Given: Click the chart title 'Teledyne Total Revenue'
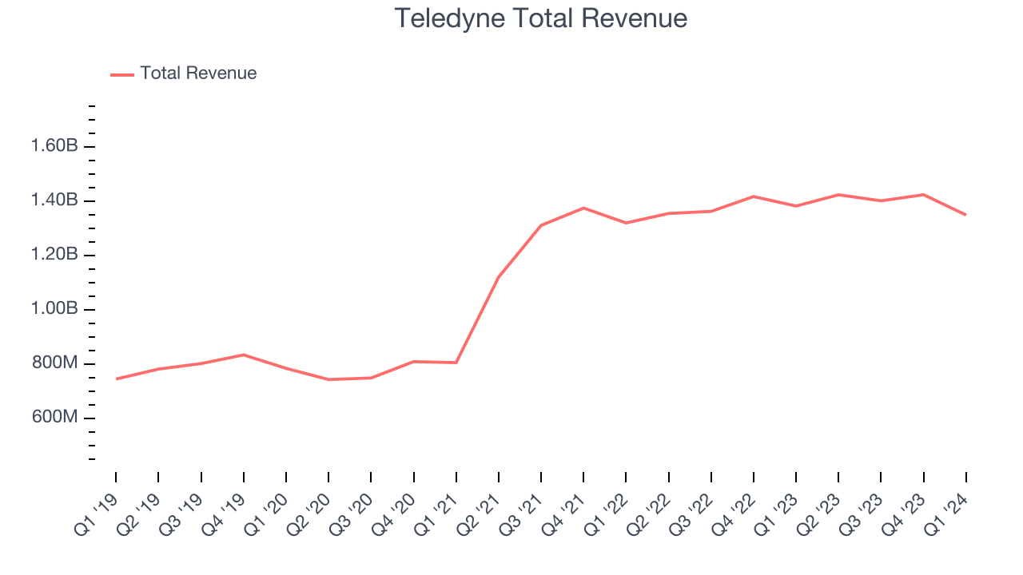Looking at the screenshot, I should pyautogui.click(x=541, y=18).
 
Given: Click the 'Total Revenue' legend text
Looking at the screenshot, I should pyautogui.click(x=198, y=73).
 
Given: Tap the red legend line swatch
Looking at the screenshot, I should pyautogui.click(x=122, y=74).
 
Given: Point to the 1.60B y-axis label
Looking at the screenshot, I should pyautogui.click(x=54, y=146).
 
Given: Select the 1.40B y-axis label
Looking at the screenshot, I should pyautogui.click(x=54, y=200).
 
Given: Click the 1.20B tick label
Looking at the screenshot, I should pyautogui.click(x=54, y=255).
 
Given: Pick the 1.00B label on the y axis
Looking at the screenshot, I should pyautogui.click(x=54, y=309).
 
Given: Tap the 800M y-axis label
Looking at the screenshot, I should pyautogui.click(x=54, y=363).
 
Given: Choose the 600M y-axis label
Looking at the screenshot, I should pyautogui.click(x=54, y=418).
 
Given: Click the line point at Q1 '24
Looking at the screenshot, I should pyautogui.click(x=965, y=214).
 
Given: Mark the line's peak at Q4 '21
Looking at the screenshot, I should pyautogui.click(x=583, y=208).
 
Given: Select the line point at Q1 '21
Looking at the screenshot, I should pyautogui.click(x=456, y=363).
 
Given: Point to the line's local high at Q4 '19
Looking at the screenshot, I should pyautogui.click(x=243, y=355).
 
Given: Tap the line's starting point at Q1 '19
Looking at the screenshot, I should pyautogui.click(x=116, y=379).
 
